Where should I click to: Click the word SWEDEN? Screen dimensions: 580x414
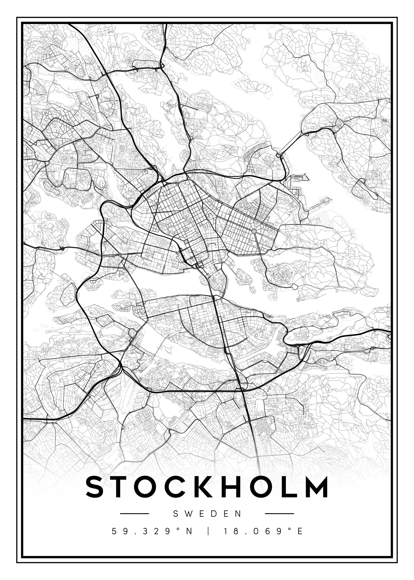click(x=207, y=514)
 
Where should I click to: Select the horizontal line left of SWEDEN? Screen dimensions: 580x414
click(x=134, y=513)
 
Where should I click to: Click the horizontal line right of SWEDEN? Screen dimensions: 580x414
click(x=279, y=513)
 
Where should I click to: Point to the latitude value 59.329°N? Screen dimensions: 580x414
click(x=152, y=531)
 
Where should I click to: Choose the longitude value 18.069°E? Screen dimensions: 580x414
click(x=263, y=531)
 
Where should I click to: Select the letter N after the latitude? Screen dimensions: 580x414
click(x=189, y=531)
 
